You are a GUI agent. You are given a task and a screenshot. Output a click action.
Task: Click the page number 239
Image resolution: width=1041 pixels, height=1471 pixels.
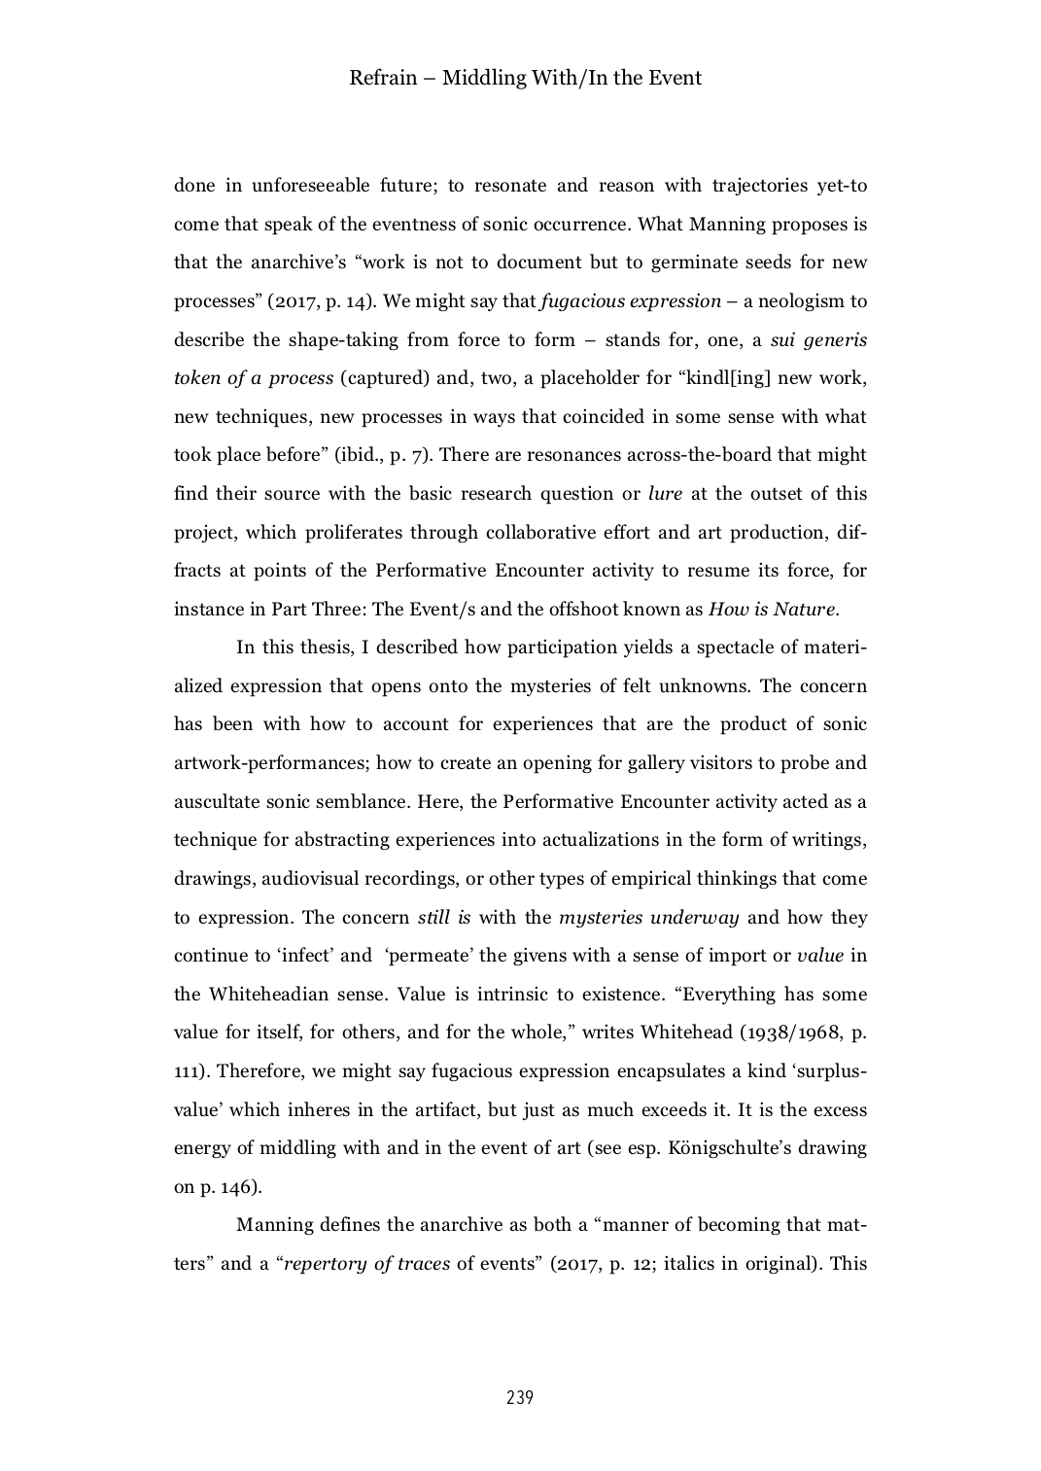[520, 1398]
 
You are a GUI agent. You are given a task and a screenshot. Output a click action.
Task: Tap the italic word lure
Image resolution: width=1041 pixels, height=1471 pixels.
[666, 493]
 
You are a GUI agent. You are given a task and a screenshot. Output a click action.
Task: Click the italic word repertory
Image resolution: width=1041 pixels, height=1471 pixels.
[326, 1264]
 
